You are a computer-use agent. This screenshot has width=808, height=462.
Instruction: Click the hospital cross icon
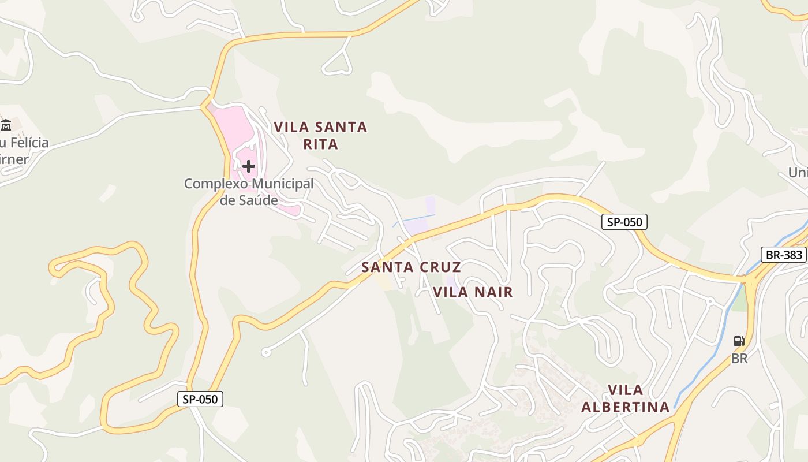click(x=249, y=166)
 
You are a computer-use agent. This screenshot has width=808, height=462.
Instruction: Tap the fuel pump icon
click(x=739, y=341)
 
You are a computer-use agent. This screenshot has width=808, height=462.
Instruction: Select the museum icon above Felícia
click(x=6, y=124)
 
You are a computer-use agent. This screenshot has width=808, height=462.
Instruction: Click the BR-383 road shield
click(x=783, y=255)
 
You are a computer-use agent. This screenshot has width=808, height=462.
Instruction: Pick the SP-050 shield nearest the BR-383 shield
click(x=624, y=222)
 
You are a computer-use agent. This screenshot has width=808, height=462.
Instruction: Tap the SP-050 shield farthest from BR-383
click(x=200, y=399)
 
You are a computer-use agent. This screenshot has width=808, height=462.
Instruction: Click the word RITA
click(x=321, y=144)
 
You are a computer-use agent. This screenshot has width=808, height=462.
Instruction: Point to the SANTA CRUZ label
click(x=411, y=267)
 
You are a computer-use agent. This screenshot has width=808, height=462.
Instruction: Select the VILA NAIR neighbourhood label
click(x=473, y=292)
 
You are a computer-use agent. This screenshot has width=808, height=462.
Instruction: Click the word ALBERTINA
click(x=625, y=407)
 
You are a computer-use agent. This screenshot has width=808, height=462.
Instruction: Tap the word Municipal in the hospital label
click(x=282, y=184)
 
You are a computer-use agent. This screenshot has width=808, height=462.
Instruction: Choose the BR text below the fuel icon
click(x=739, y=359)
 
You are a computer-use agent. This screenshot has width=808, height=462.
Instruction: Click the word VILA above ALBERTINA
click(x=626, y=390)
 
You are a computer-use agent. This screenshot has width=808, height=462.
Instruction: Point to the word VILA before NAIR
click(x=450, y=292)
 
